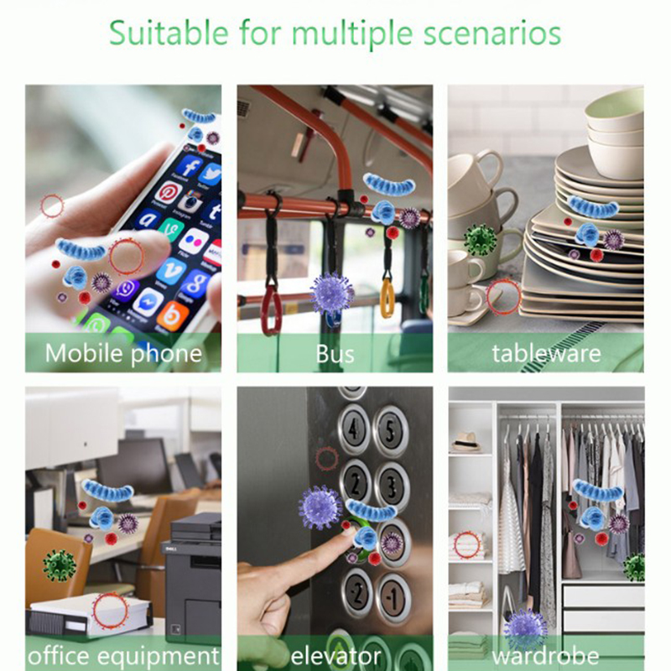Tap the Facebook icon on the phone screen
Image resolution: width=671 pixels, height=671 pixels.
coord(190,165)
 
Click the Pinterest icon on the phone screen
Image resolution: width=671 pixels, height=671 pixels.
coord(169,192)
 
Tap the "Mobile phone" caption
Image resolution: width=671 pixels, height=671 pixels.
coord(123,353)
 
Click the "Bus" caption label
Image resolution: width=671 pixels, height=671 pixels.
coord(335,353)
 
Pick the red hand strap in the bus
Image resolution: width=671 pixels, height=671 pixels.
coord(271,309)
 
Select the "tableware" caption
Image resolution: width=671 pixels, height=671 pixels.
coord(546,353)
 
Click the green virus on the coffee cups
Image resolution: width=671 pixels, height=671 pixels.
coord(480,240)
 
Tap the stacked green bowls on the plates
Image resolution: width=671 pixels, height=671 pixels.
coord(615,133)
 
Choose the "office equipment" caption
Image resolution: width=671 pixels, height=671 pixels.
coord(123,656)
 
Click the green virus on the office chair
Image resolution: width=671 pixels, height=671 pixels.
coord(60,565)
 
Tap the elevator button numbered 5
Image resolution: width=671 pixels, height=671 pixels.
coord(390,430)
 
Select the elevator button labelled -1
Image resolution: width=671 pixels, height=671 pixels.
coord(393,598)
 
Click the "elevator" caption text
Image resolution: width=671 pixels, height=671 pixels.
coord(335,656)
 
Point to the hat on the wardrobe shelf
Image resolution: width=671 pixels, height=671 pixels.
coord(466,442)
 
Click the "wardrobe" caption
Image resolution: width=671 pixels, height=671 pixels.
coord(546,656)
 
